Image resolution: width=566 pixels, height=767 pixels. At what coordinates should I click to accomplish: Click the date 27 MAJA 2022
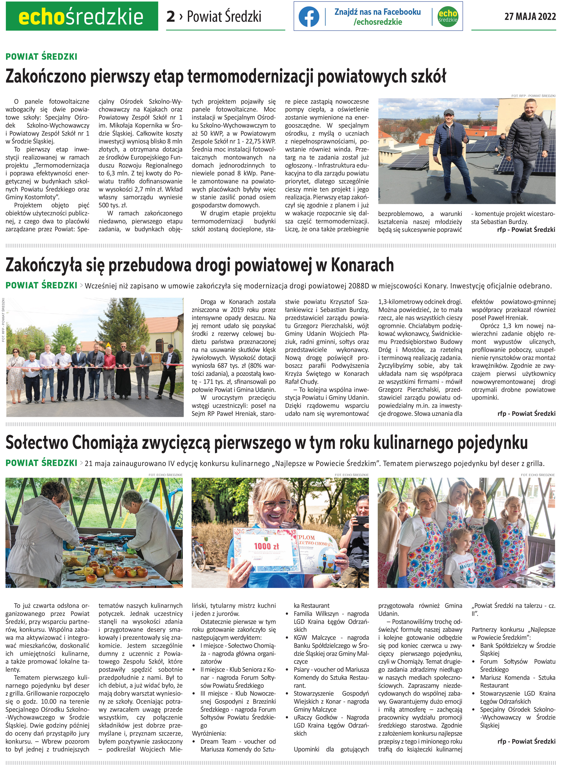(x=530, y=16)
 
